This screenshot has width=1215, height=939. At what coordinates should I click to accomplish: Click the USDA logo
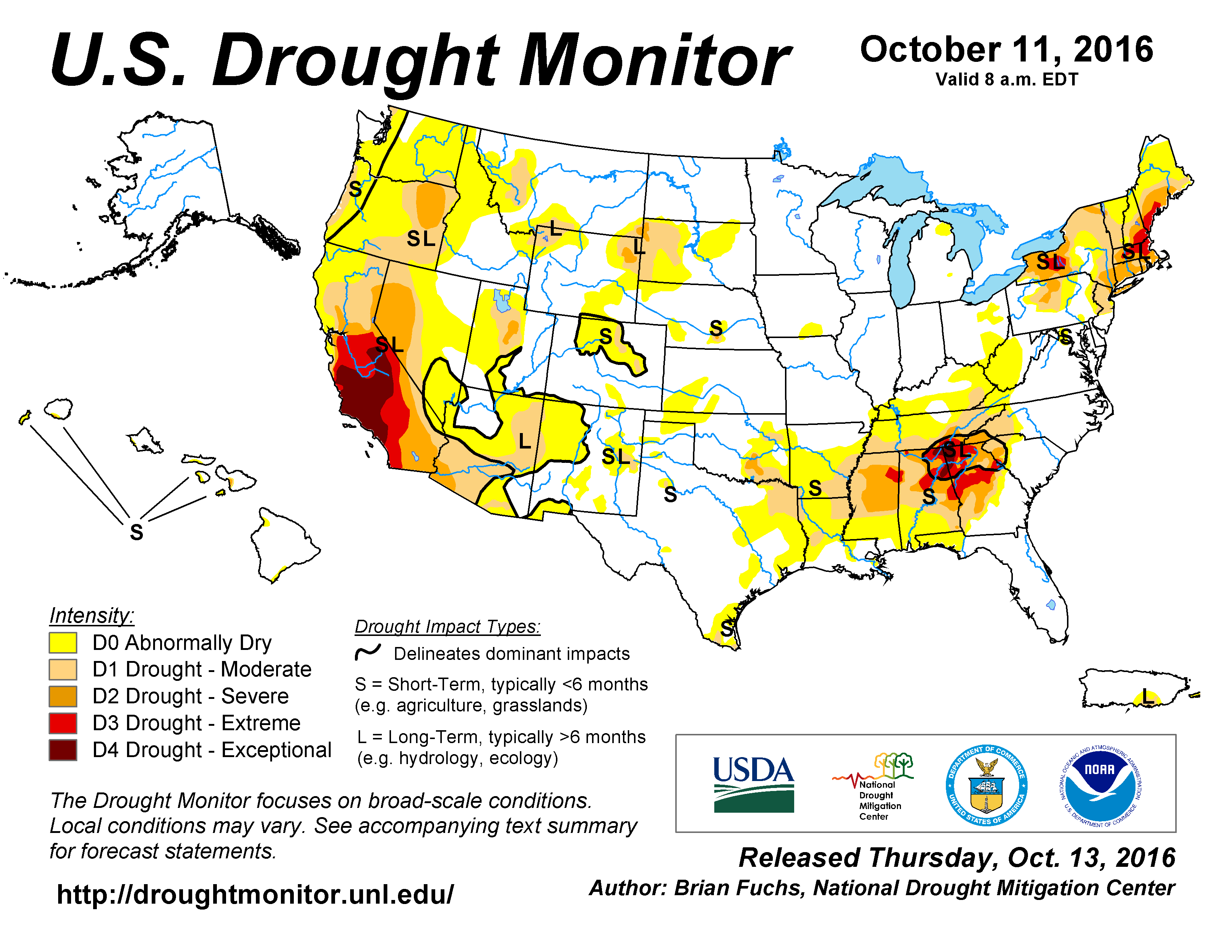754,784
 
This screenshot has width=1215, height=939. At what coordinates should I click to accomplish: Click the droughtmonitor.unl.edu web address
256,894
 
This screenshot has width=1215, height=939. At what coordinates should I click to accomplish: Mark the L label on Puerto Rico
1147,695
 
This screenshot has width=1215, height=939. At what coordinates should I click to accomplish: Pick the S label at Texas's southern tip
726,629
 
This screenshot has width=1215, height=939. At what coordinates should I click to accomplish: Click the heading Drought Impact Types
447,626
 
